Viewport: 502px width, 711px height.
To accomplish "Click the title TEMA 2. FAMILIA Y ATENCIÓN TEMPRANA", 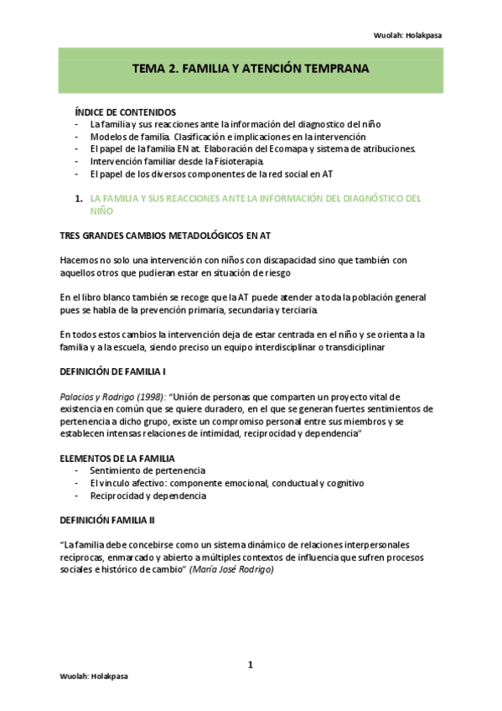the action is [x=251, y=70].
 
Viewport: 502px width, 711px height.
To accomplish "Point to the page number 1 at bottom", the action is [x=250, y=665].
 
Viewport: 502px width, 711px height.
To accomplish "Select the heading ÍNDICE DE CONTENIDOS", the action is [x=126, y=112].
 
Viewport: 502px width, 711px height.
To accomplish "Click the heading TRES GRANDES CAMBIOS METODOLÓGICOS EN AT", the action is [x=163, y=236].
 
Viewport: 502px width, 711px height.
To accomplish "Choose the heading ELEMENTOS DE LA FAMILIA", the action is [x=117, y=458].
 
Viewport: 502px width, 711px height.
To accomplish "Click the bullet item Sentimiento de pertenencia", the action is [x=147, y=470].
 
